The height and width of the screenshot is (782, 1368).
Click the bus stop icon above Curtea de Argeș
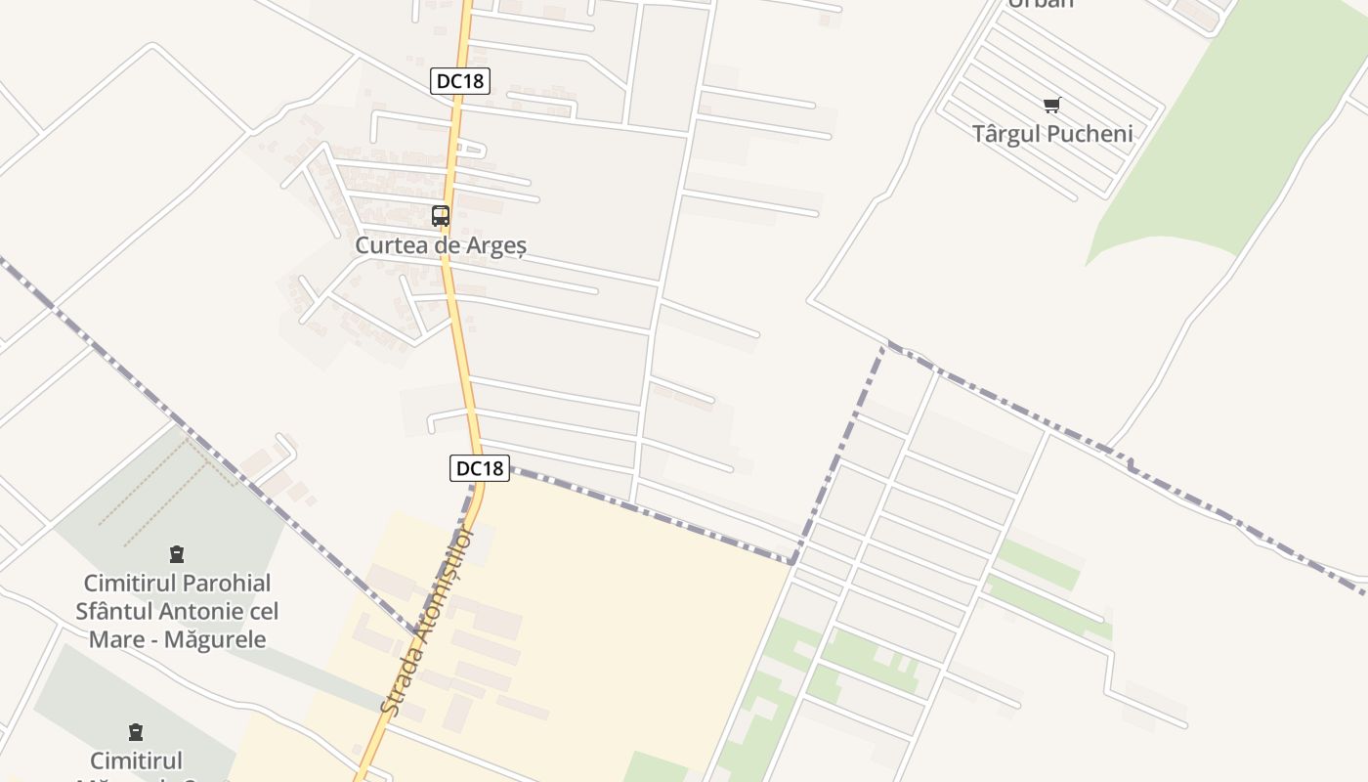click(441, 216)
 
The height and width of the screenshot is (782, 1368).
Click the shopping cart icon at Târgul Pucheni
click(1051, 106)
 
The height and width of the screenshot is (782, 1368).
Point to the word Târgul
click(1006, 134)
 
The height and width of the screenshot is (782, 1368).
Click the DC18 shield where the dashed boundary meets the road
click(480, 468)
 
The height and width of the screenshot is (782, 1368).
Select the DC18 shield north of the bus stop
click(459, 81)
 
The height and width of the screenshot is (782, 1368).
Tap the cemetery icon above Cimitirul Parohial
click(177, 555)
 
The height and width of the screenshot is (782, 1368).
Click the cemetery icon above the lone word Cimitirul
click(136, 731)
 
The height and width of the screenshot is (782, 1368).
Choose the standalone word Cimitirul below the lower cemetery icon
click(136, 760)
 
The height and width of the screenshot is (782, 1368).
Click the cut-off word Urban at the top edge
click(1041, 4)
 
